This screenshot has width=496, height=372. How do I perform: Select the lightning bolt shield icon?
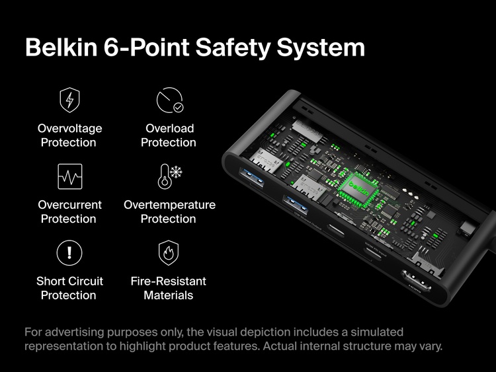pyautogui.click(x=69, y=100)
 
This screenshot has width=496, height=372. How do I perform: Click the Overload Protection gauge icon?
pyautogui.click(x=169, y=100)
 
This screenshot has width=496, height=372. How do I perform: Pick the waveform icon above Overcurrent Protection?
pyautogui.click(x=69, y=176)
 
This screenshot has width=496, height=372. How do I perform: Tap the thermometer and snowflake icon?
pyautogui.click(x=169, y=176)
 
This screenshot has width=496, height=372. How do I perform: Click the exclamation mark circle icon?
pyautogui.click(x=69, y=252)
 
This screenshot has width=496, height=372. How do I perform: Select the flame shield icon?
pyautogui.click(x=169, y=252)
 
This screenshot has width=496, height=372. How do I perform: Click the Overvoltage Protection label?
pyautogui.click(x=69, y=135)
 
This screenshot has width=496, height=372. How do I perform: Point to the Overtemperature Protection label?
pyautogui.click(x=169, y=211)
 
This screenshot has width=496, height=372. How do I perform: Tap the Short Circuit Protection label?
pyautogui.click(x=69, y=288)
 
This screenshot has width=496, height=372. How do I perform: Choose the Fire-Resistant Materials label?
pyautogui.click(x=169, y=288)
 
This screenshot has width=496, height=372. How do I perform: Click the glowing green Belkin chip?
pyautogui.click(x=360, y=188)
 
